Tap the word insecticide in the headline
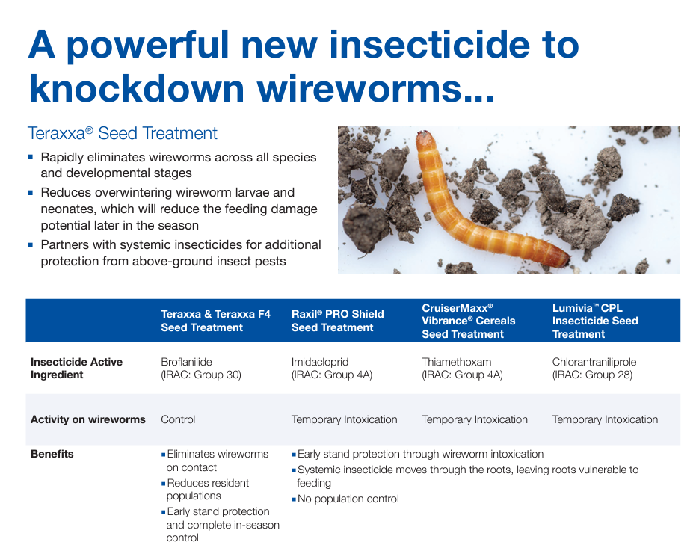tap(429, 45)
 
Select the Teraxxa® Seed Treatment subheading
tap(122, 133)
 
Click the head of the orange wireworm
tap(423, 139)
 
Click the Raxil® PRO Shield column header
tap(337, 321)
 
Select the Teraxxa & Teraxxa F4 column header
tap(216, 321)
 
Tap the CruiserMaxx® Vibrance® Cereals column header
tap(469, 321)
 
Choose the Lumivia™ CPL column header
tap(595, 321)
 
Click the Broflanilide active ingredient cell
tap(201, 369)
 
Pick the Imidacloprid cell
tap(332, 369)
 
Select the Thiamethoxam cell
tap(462, 369)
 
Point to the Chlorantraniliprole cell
tap(594, 369)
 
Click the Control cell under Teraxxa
tap(178, 419)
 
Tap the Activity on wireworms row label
tap(87, 419)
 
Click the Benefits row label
tap(52, 454)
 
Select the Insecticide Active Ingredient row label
tap(77, 369)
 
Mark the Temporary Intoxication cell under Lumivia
tap(605, 419)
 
